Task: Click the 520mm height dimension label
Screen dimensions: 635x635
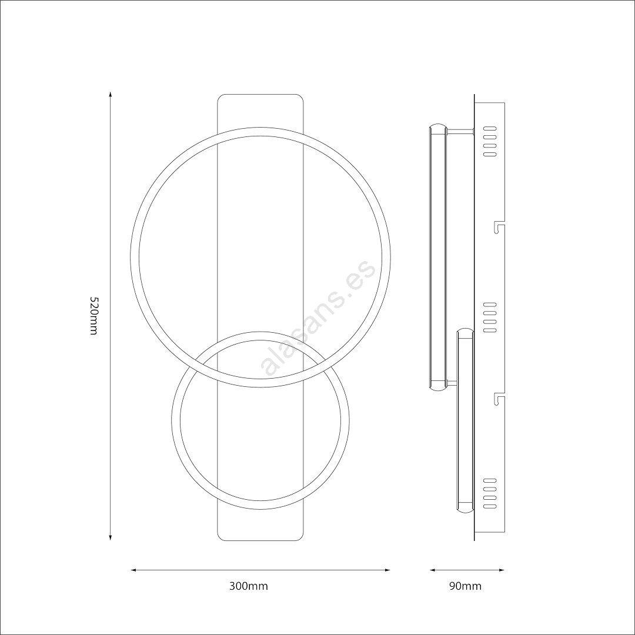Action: click(x=93, y=316)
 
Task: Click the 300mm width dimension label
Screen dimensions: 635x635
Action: click(x=249, y=586)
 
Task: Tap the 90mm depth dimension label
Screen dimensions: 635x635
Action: click(x=465, y=586)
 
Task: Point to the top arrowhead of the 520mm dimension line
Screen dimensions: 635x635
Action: click(x=111, y=95)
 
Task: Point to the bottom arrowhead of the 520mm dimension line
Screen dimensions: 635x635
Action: click(x=111, y=537)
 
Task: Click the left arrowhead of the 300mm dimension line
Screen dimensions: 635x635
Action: click(x=134, y=570)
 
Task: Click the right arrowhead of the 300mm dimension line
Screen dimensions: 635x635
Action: click(x=386, y=570)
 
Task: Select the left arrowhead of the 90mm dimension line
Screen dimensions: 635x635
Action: click(x=433, y=570)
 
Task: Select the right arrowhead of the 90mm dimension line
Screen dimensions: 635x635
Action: click(x=501, y=570)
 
